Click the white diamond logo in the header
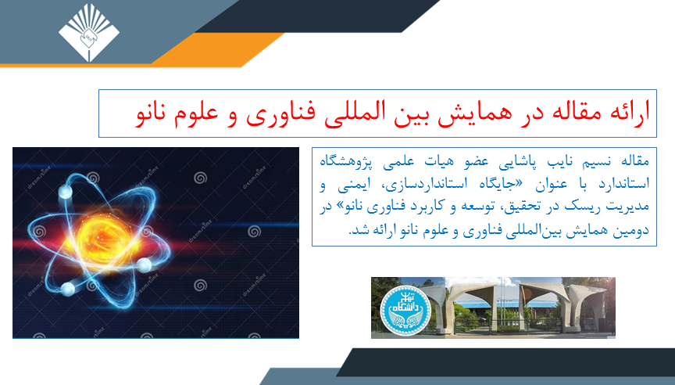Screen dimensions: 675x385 (x=89, y=32)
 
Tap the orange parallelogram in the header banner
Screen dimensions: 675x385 (x=217, y=49)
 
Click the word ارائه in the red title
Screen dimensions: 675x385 (x=630, y=113)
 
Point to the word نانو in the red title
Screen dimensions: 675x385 (x=155, y=113)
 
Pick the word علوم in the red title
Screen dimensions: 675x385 (x=197, y=113)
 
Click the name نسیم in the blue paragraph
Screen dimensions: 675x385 (x=596, y=162)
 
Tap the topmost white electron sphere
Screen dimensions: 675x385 (x=66, y=192)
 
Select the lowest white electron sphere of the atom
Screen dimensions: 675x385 (x=68, y=289)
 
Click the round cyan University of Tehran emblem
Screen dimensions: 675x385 (x=405, y=310)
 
